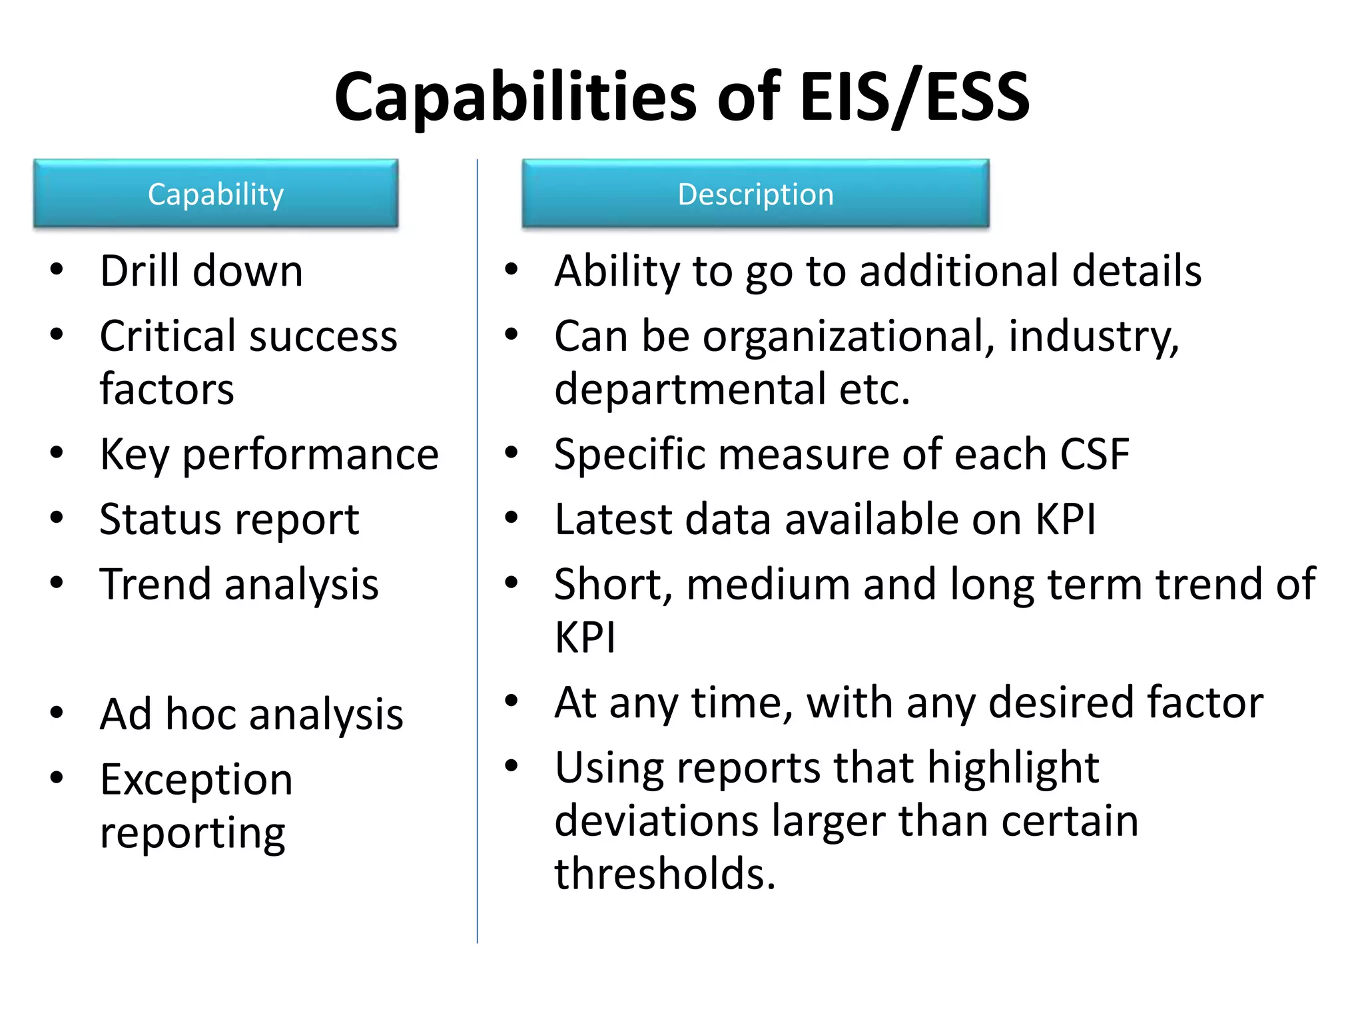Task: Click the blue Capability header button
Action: coord(216,194)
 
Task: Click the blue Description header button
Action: coord(755,194)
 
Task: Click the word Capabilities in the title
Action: coord(515,97)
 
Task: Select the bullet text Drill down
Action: coord(201,271)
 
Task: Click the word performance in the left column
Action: coord(310,455)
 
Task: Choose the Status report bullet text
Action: coord(229,519)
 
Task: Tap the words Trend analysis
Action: coord(239,584)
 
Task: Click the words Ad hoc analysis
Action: coord(251,715)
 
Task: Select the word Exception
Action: coord(196,779)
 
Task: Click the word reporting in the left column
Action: coord(192,833)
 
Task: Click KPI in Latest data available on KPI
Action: coord(1065,519)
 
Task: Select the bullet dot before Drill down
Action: coord(57,270)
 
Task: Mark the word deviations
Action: coord(656,821)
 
